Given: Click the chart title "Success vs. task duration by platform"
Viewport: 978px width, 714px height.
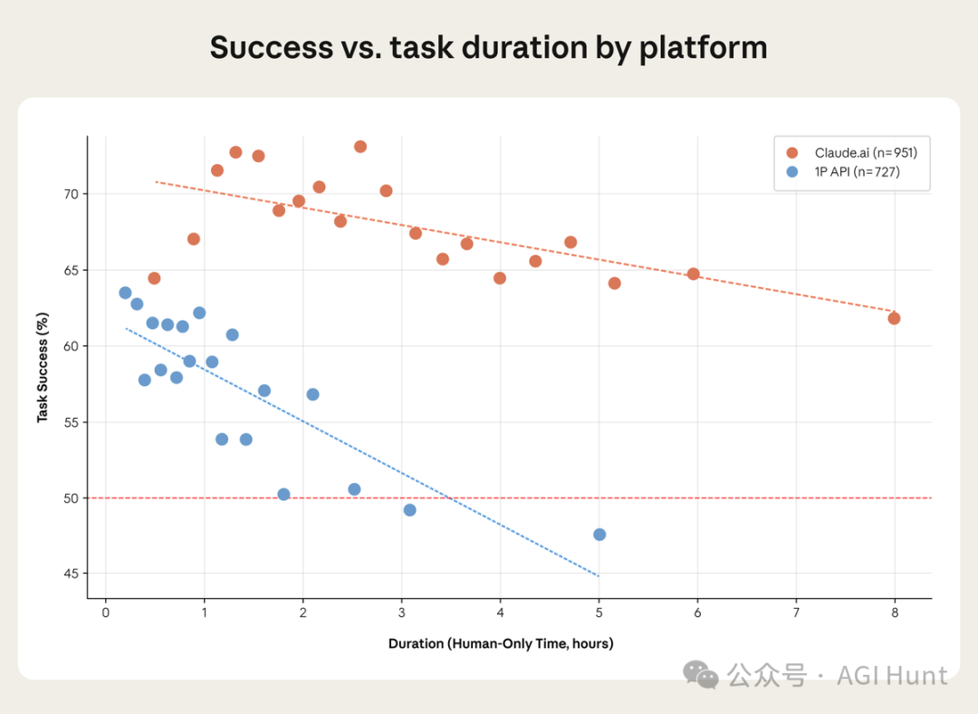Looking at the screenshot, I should point(488,48).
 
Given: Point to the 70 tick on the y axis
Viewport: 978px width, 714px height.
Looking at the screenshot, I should point(72,194).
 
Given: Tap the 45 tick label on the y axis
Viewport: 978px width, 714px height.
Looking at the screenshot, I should point(72,574).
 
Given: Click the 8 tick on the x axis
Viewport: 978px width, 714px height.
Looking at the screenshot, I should point(895,613).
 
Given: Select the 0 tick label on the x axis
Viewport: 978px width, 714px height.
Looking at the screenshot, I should point(106,613).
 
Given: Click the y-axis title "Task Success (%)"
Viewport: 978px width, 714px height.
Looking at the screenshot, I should point(43,368).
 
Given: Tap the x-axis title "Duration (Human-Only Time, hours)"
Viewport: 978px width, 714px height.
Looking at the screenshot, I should point(501,644).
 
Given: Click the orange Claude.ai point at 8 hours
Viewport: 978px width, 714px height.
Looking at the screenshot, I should point(895,318).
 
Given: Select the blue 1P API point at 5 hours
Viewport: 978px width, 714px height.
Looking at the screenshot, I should point(599,535).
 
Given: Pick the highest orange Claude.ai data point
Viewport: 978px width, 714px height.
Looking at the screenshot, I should point(360,147).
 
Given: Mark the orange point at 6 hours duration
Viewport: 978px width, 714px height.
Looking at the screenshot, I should point(694,274).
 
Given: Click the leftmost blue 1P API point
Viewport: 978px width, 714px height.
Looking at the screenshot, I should point(125,293).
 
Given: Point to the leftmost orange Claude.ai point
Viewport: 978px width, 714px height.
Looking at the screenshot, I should point(154,278).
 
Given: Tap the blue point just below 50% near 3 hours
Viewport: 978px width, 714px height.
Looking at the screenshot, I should point(409,510).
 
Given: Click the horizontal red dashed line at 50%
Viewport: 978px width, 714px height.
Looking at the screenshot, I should point(724,498).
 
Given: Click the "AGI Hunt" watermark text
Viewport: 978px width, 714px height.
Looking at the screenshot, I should point(892,675).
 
